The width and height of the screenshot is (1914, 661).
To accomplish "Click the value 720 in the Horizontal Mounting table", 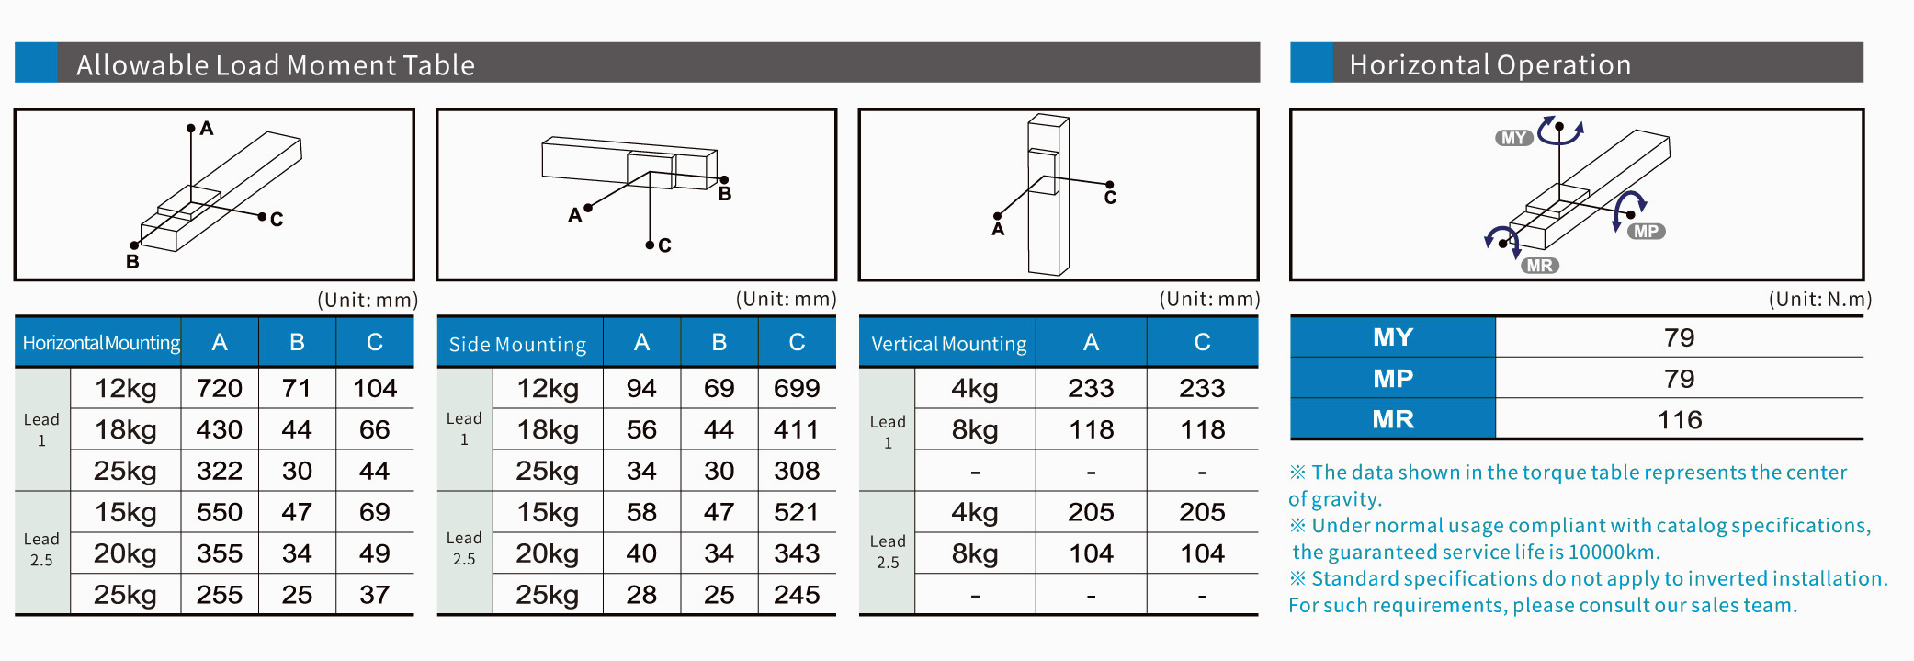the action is (220, 388).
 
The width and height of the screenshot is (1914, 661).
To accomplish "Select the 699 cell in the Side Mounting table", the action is (797, 388).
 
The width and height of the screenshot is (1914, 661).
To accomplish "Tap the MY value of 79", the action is (1679, 337).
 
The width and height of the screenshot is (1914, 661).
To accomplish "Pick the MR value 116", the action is (1679, 419).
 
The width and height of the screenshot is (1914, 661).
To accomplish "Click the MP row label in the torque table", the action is (1393, 378).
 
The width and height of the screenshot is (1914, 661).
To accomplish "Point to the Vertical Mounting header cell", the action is (948, 343).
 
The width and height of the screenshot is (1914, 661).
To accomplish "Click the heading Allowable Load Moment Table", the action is (276, 64).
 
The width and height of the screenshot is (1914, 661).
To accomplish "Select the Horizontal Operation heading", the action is (1489, 64).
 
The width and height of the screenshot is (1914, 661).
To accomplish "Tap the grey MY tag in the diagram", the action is (1513, 138).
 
